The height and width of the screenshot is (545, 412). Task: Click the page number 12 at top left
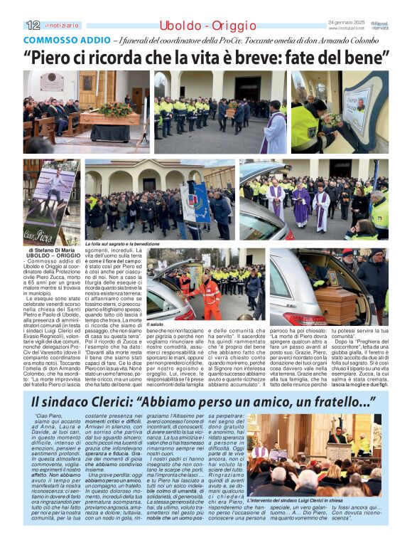click(33, 25)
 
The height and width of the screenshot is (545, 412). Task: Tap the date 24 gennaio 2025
click(345, 23)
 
